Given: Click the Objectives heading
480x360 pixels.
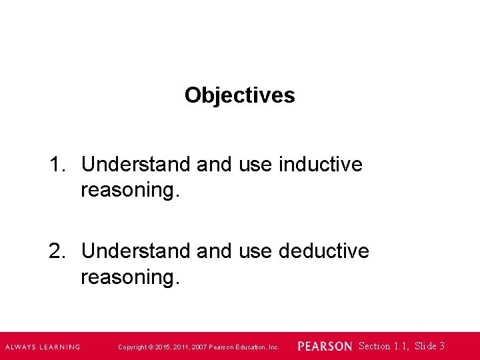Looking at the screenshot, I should pyautogui.click(x=239, y=95).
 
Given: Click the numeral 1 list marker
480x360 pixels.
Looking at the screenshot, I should pyautogui.click(x=56, y=164).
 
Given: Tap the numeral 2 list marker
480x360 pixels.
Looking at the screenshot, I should pyautogui.click(x=56, y=251).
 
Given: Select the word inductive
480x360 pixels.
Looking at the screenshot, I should pyautogui.click(x=321, y=164).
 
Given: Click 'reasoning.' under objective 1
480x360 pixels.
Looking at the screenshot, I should pyautogui.click(x=130, y=191).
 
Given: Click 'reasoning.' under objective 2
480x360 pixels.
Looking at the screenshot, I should pyautogui.click(x=130, y=277).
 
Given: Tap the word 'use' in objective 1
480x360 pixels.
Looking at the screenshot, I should pyautogui.click(x=257, y=164).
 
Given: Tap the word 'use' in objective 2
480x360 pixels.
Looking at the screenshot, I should pyautogui.click(x=257, y=251).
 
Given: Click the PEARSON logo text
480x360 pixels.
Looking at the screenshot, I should pyautogui.click(x=325, y=347).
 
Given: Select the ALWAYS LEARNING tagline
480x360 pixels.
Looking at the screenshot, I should pyautogui.click(x=43, y=347).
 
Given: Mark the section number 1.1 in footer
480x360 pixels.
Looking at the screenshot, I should pyautogui.click(x=401, y=346).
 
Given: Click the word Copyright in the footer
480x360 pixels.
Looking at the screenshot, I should pyautogui.click(x=133, y=347).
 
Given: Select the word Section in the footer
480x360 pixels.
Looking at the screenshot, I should pyautogui.click(x=375, y=346).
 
